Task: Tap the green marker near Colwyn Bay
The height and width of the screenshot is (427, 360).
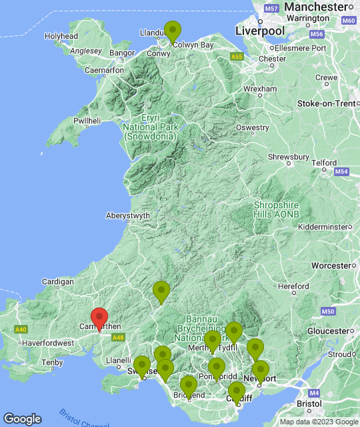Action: point(173,32)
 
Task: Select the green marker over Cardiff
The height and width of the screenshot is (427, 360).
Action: point(236,392)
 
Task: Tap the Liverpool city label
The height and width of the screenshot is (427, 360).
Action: point(260,31)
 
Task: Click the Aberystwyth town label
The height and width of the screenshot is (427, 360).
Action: point(128,216)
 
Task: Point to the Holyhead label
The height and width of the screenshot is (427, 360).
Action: point(61,36)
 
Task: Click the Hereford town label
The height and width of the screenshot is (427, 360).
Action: point(293,286)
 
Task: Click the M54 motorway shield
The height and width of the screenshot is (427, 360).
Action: point(342,172)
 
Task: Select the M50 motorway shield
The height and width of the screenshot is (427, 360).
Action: point(327,312)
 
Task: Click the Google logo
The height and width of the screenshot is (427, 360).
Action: point(22,418)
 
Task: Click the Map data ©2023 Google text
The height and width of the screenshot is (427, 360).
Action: point(318,422)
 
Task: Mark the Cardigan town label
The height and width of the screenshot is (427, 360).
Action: point(57,282)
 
